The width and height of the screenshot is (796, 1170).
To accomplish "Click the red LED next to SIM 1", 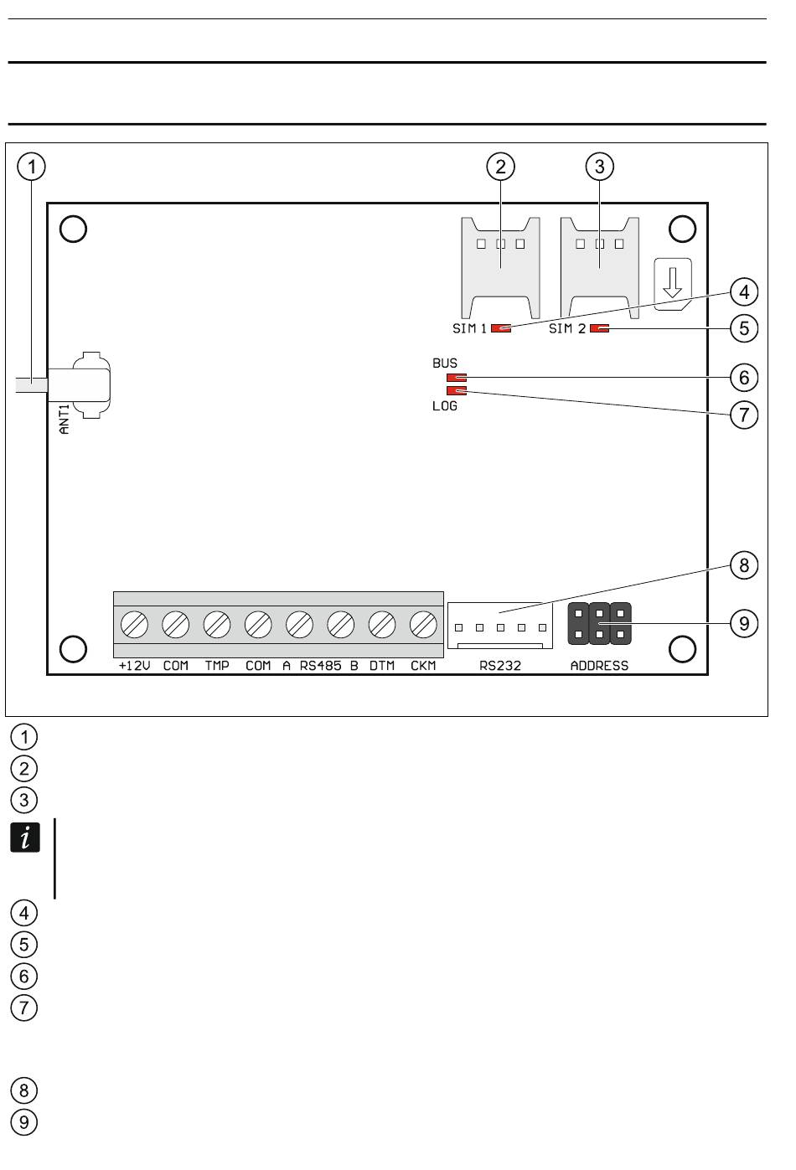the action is click(501, 328).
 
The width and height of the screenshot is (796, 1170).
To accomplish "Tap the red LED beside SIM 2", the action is click(599, 328).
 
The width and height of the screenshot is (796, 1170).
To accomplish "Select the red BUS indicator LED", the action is click(457, 377).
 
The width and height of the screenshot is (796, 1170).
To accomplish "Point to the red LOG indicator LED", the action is click(457, 390).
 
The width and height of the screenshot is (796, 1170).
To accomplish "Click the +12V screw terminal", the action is click(134, 624).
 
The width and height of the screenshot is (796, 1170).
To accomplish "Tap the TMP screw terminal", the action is click(217, 624).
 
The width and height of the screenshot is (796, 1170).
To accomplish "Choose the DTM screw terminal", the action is click(382, 624).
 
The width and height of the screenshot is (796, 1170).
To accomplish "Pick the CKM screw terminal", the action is click(423, 624).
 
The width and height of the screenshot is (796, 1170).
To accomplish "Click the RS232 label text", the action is click(500, 666).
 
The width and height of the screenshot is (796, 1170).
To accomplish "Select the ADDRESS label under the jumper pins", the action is click(599, 666).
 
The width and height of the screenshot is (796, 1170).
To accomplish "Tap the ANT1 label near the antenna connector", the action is click(65, 419).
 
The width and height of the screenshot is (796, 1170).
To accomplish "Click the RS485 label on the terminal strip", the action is click(320, 666).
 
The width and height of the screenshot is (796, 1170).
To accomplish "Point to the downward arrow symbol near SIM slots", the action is click(673, 282).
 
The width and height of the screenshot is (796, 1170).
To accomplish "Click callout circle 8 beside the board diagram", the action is click(744, 565).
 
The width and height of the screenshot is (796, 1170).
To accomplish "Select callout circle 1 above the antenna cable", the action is click(31, 167).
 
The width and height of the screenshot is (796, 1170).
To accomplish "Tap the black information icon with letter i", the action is click(25, 838).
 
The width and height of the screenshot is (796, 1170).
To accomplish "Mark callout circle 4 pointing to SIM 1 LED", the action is click(744, 292).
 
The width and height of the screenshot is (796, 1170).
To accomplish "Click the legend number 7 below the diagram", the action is click(24, 1008).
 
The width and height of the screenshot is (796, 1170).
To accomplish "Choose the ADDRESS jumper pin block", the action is click(599, 624).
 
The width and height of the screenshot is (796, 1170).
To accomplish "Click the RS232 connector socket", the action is click(500, 626).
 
